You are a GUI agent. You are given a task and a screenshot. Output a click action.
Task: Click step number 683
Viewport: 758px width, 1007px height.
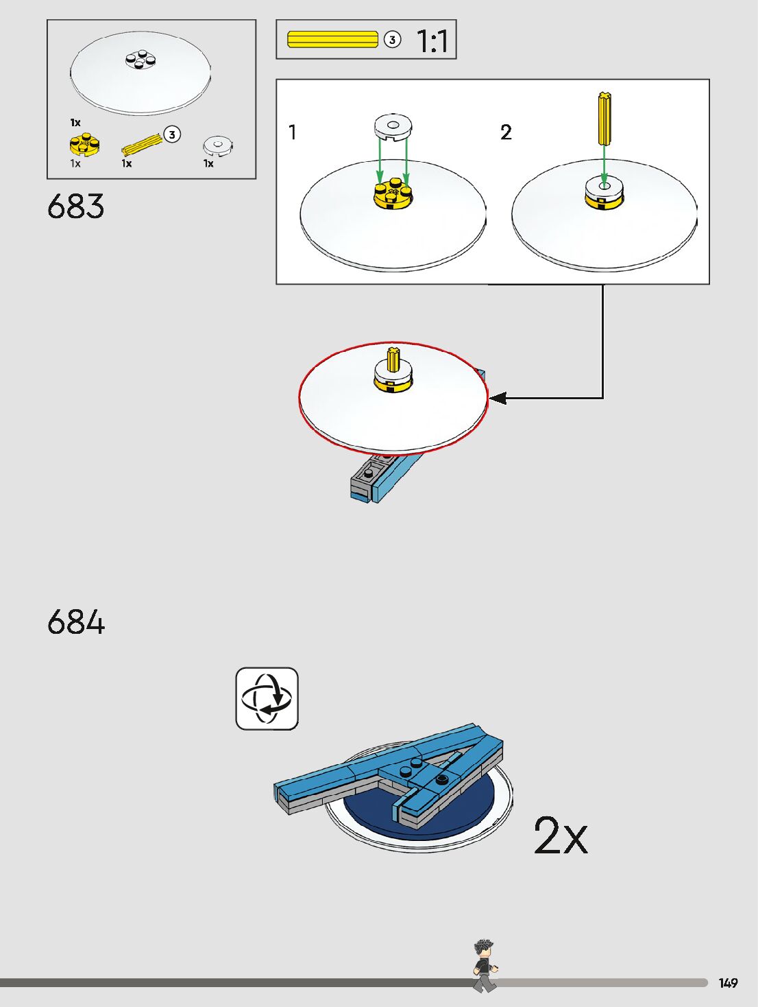point(76,206)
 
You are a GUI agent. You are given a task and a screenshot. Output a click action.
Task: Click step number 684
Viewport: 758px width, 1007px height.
point(76,622)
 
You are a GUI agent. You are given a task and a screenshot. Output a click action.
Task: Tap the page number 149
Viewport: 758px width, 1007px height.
point(728,983)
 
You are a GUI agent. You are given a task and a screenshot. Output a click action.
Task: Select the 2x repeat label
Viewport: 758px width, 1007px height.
point(561,836)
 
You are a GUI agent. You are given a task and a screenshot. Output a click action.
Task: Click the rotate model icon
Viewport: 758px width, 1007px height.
point(267,698)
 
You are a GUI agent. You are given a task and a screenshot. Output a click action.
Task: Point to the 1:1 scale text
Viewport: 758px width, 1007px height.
point(432,41)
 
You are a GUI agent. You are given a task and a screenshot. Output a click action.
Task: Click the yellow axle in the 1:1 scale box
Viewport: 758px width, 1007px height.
point(332,39)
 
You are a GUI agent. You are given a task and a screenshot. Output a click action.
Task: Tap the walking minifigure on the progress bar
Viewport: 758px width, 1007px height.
point(485,966)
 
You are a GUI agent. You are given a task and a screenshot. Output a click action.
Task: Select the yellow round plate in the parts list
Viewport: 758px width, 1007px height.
point(84,145)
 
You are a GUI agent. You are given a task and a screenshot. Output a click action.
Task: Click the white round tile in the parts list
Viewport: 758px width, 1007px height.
point(218,145)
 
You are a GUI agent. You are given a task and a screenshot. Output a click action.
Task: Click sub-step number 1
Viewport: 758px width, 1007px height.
point(293,132)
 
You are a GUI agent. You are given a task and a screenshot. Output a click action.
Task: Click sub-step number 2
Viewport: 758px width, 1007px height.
point(506,132)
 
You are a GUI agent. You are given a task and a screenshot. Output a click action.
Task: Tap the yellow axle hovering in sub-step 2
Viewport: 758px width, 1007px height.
point(604,119)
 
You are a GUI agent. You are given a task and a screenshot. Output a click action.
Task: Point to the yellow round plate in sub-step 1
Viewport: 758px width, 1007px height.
point(393,194)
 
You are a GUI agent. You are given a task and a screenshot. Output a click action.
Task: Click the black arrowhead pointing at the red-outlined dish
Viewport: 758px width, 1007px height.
point(498,398)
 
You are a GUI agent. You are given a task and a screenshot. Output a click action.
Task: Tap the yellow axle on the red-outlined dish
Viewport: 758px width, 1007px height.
point(393,359)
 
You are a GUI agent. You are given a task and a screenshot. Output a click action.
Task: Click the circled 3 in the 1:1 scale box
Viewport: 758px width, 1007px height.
point(392,40)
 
